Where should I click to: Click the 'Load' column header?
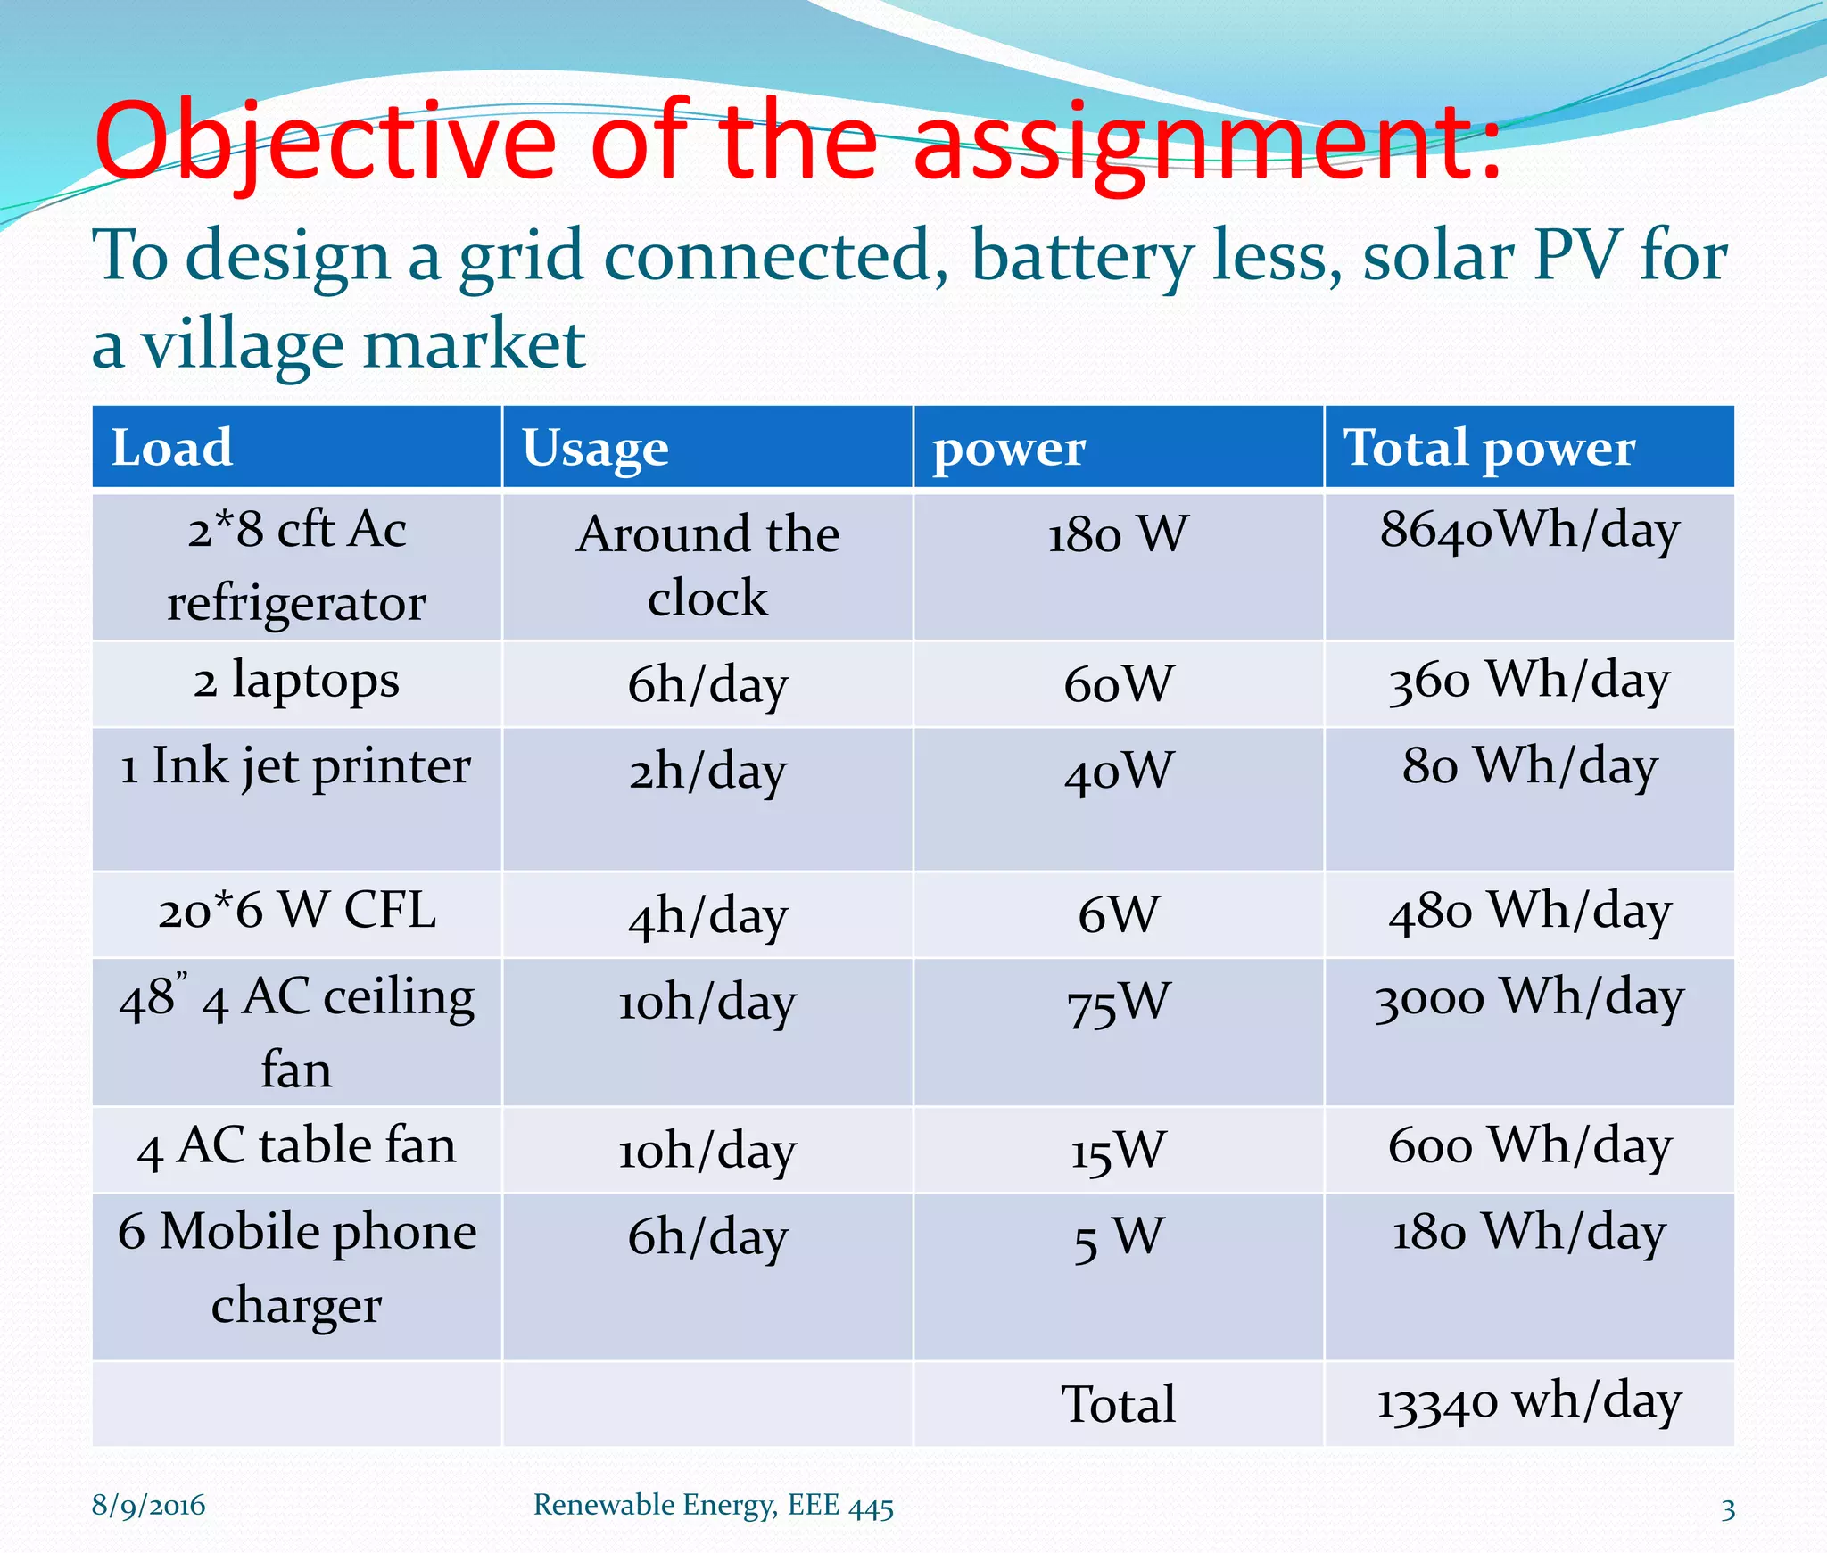[172, 447]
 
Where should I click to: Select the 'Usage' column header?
[595, 449]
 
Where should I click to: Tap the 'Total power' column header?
[1489, 447]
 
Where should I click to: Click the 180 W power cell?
[1118, 534]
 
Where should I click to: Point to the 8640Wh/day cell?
[1529, 530]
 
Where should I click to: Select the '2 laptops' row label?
[296, 682]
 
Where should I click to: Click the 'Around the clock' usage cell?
[707, 565]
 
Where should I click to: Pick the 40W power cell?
[1119, 771]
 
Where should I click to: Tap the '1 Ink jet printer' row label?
[295, 767]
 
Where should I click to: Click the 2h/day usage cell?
[707, 771]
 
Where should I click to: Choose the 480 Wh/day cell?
[1529, 912]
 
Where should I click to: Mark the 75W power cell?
[1119, 1003]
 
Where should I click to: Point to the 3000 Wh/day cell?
[1529, 999]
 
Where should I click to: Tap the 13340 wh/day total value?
[1529, 1401]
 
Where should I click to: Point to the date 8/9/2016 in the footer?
[148, 1506]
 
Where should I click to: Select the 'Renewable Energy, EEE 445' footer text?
[713, 1506]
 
